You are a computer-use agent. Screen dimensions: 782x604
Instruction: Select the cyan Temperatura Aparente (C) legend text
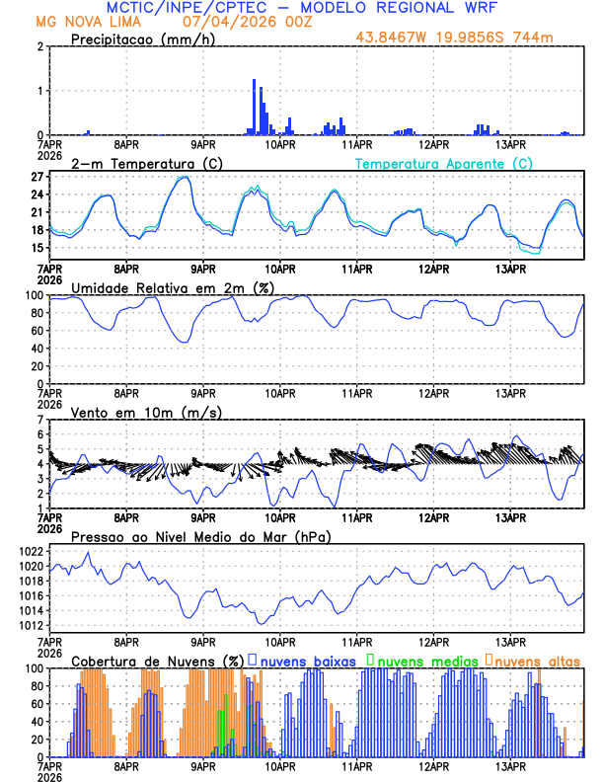(x=444, y=163)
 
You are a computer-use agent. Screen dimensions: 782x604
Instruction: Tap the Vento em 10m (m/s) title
(x=133, y=412)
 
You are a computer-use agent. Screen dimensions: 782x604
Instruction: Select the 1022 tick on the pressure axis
(x=31, y=551)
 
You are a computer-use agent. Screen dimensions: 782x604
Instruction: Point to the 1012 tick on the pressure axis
(x=31, y=625)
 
